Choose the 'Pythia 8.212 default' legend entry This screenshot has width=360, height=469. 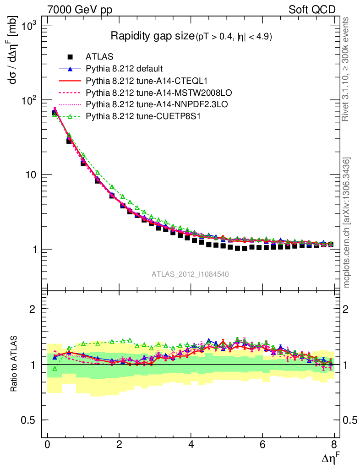pyautogui.click(x=124, y=69)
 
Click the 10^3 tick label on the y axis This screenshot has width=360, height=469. pyautogui.click(x=30, y=26)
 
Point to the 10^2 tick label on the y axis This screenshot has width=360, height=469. pyautogui.click(x=30, y=100)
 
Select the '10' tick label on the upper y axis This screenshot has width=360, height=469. pyautogui.click(x=33, y=175)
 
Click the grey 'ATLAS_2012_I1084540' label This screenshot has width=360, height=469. pyautogui.click(x=191, y=274)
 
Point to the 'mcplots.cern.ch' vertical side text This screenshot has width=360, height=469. pyautogui.click(x=347, y=223)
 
